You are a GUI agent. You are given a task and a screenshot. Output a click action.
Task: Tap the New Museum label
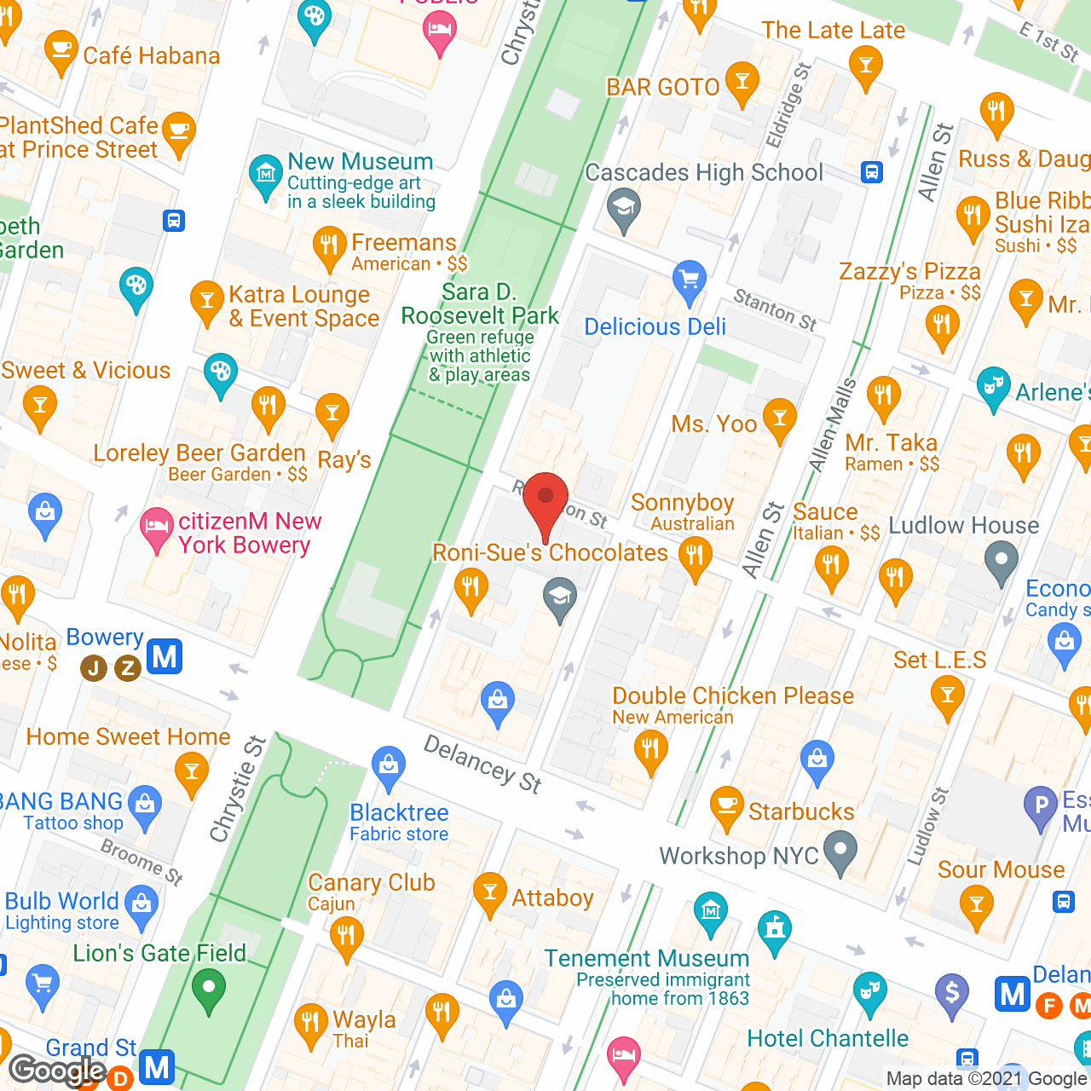click(x=360, y=162)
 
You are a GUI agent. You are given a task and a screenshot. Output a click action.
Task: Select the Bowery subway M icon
click(x=165, y=657)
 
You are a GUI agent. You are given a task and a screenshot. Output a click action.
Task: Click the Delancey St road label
click(x=482, y=765)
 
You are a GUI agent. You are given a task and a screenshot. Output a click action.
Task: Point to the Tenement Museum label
click(x=646, y=959)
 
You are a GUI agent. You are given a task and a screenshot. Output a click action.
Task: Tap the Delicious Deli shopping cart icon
click(x=689, y=280)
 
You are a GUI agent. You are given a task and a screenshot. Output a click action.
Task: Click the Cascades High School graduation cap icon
click(x=624, y=208)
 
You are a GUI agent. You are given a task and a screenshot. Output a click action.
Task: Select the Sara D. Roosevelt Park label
click(x=480, y=304)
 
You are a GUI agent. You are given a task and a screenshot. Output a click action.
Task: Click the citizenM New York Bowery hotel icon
click(x=156, y=526)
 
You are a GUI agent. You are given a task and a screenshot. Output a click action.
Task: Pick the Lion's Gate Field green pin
click(x=208, y=990)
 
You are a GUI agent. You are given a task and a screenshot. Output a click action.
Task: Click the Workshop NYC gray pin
click(x=840, y=851)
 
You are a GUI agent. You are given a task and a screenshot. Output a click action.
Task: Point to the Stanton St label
click(x=775, y=310)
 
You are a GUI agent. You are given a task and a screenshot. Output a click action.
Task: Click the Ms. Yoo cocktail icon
click(x=779, y=418)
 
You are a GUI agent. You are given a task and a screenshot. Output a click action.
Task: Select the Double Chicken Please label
click(x=733, y=696)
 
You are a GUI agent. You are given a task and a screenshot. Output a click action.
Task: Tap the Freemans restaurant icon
click(x=329, y=246)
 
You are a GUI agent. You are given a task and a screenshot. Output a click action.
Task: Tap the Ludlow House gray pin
click(x=1002, y=562)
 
